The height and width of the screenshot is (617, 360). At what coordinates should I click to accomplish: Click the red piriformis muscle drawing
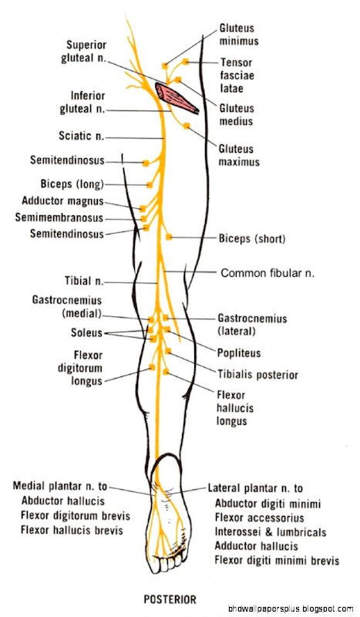coord(177,98)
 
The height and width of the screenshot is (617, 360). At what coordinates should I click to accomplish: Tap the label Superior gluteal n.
coord(84,51)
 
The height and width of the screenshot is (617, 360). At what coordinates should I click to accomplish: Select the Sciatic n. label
coord(82,137)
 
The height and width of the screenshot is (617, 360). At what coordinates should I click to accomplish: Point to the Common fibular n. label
coord(267,273)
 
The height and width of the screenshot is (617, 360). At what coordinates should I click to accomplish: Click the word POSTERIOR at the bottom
coord(170,599)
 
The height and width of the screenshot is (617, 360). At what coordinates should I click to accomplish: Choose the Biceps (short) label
coord(252,238)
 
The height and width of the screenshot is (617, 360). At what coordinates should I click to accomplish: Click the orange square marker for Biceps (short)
coord(169,237)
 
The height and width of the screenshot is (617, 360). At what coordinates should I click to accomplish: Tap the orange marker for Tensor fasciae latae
coord(185,62)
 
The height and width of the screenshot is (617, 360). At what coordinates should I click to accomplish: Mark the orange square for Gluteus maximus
coord(187,126)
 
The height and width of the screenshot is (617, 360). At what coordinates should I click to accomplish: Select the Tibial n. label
coord(84,281)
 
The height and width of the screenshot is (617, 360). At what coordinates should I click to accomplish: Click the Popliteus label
coord(239,353)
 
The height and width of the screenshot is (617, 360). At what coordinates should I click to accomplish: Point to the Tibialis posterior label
coord(257,375)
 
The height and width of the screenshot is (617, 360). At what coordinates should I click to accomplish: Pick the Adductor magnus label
coord(62,201)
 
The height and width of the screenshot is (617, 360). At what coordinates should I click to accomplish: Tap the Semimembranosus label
coord(59,217)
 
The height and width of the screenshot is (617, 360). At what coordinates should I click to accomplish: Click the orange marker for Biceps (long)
coord(149,184)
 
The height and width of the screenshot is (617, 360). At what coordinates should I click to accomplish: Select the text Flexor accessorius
coord(259,518)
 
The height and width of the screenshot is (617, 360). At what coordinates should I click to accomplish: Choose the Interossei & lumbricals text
coord(271,532)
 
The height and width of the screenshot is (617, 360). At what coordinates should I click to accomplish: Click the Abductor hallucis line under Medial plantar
coord(63,501)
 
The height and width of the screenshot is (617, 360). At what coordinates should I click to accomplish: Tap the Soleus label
coord(86,332)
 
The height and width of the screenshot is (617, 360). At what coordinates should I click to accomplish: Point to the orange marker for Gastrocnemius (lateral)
coord(166,317)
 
